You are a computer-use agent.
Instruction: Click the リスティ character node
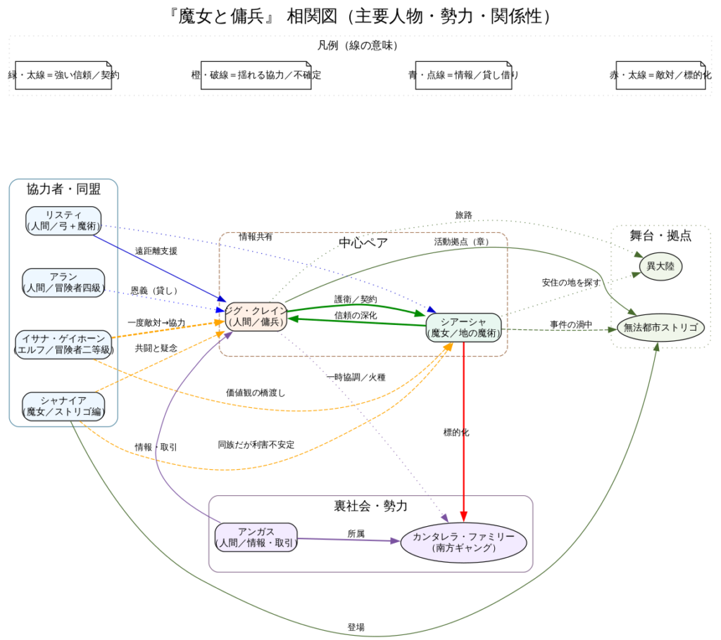[x=63, y=220]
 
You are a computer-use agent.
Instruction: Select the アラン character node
[x=63, y=282]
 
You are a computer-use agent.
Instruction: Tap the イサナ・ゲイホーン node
[x=63, y=344]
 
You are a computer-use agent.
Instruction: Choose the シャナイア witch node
[x=63, y=406]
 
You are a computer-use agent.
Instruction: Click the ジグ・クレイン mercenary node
[x=256, y=316]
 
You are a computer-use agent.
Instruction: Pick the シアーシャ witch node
[x=463, y=327]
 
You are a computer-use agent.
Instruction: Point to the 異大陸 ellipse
[x=660, y=266]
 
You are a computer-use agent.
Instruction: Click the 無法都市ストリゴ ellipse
[x=660, y=327]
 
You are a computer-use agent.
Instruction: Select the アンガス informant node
[x=256, y=537]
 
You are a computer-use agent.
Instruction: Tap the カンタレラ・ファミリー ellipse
[x=464, y=542]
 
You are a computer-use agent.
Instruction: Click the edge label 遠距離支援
[x=156, y=251]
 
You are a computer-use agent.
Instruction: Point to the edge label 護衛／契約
[x=356, y=299]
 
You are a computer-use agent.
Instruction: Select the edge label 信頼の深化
[x=356, y=315]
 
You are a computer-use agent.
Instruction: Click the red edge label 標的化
[x=456, y=433]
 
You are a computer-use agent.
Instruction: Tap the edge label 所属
[x=356, y=534]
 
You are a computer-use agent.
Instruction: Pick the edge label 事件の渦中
[x=571, y=324]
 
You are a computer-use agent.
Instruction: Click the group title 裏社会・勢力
[x=370, y=506]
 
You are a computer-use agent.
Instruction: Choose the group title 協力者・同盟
[x=63, y=189]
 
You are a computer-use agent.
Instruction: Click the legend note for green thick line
[x=63, y=75]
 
